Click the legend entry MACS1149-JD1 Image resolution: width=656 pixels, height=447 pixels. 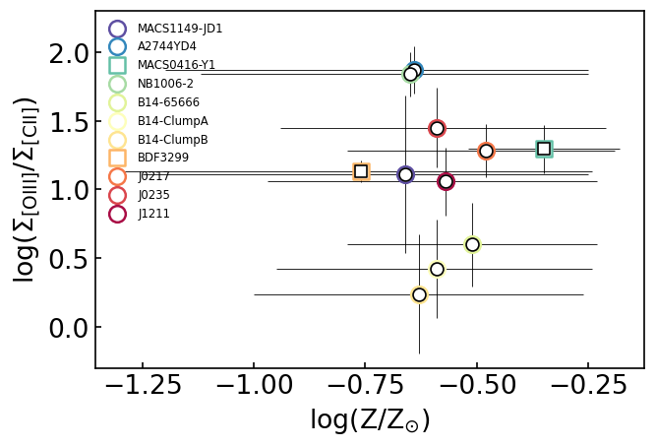coord(179,29)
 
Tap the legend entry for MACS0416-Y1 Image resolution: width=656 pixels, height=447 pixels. coord(176,65)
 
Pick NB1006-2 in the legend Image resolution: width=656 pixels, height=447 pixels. coord(165,84)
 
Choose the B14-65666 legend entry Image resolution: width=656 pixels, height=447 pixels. coord(168,102)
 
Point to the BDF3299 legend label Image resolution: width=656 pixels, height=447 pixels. coord(162,158)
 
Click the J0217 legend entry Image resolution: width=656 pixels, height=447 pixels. coord(153,176)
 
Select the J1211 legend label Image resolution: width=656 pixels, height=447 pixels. coord(153,214)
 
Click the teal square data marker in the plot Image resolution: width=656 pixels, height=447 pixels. coord(544,149)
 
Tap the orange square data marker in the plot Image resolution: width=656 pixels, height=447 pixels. coord(361,171)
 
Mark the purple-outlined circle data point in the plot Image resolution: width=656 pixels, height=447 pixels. coord(405,174)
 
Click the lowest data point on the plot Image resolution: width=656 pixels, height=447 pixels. coord(419,294)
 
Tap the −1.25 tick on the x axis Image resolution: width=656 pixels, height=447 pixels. coord(143,385)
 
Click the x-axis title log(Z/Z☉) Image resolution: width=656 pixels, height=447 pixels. coord(370,421)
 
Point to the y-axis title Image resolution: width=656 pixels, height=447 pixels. coord(25,189)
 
